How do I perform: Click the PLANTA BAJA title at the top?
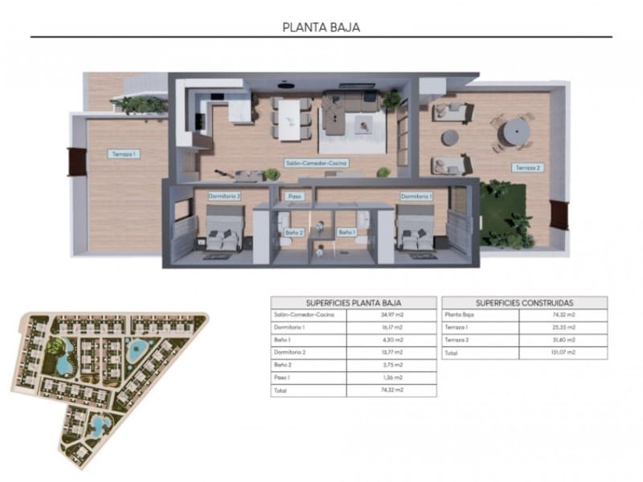321,27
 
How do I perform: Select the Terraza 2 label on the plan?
526,167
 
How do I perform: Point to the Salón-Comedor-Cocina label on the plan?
316,163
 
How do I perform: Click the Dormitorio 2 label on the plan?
224,195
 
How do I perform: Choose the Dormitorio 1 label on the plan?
416,195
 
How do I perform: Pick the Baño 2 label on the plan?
294,232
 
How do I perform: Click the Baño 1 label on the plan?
346,232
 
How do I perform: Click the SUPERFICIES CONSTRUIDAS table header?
524,303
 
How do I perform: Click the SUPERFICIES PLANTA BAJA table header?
354,303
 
